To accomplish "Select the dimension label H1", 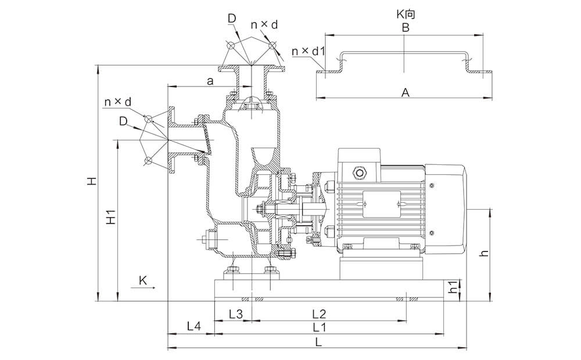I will pyautogui.click(x=112, y=217).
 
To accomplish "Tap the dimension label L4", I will pyautogui.click(x=193, y=327).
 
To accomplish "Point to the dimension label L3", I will pyautogui.click(x=235, y=314).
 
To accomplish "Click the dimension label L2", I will pyautogui.click(x=319, y=314).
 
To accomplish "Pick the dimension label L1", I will pyautogui.click(x=319, y=327).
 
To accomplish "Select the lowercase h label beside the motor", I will pyautogui.click(x=485, y=253).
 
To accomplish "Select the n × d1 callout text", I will pyautogui.click(x=308, y=52).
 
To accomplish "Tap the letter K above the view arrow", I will pyautogui.click(x=144, y=280).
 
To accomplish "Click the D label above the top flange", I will pyautogui.click(x=232, y=19).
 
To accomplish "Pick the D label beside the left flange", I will pyautogui.click(x=123, y=121).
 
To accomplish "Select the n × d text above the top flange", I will pyautogui.click(x=264, y=24).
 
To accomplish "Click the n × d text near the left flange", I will pyautogui.click(x=117, y=102).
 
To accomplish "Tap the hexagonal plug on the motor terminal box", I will pyautogui.click(x=359, y=172).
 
